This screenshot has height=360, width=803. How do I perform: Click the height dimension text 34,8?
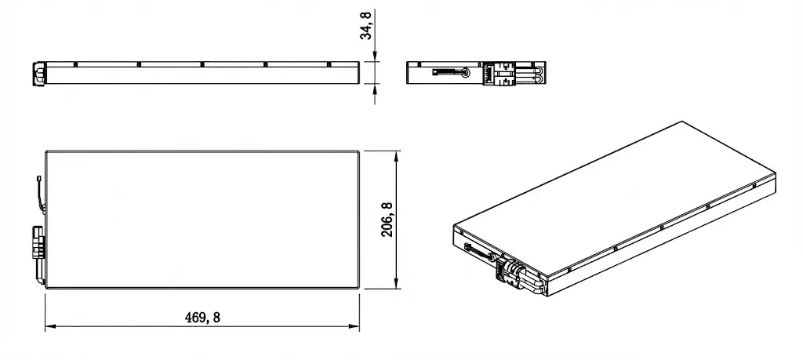367,24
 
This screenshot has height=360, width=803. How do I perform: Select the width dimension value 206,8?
387,220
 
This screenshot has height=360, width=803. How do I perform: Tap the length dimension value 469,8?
202,317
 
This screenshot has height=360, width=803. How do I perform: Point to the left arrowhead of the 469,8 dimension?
49,327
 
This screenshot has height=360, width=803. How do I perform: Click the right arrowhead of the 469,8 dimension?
354,327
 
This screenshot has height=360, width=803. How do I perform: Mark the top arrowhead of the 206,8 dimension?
397,155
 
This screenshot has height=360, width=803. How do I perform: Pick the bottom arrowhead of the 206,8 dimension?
397,285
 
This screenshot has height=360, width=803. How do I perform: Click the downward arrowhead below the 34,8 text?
376,57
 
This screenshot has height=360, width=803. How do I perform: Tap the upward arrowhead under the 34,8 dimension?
376,89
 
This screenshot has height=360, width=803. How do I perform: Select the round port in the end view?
467,73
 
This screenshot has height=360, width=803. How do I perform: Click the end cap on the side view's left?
38,73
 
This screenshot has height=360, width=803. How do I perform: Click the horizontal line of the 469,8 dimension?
118,327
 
